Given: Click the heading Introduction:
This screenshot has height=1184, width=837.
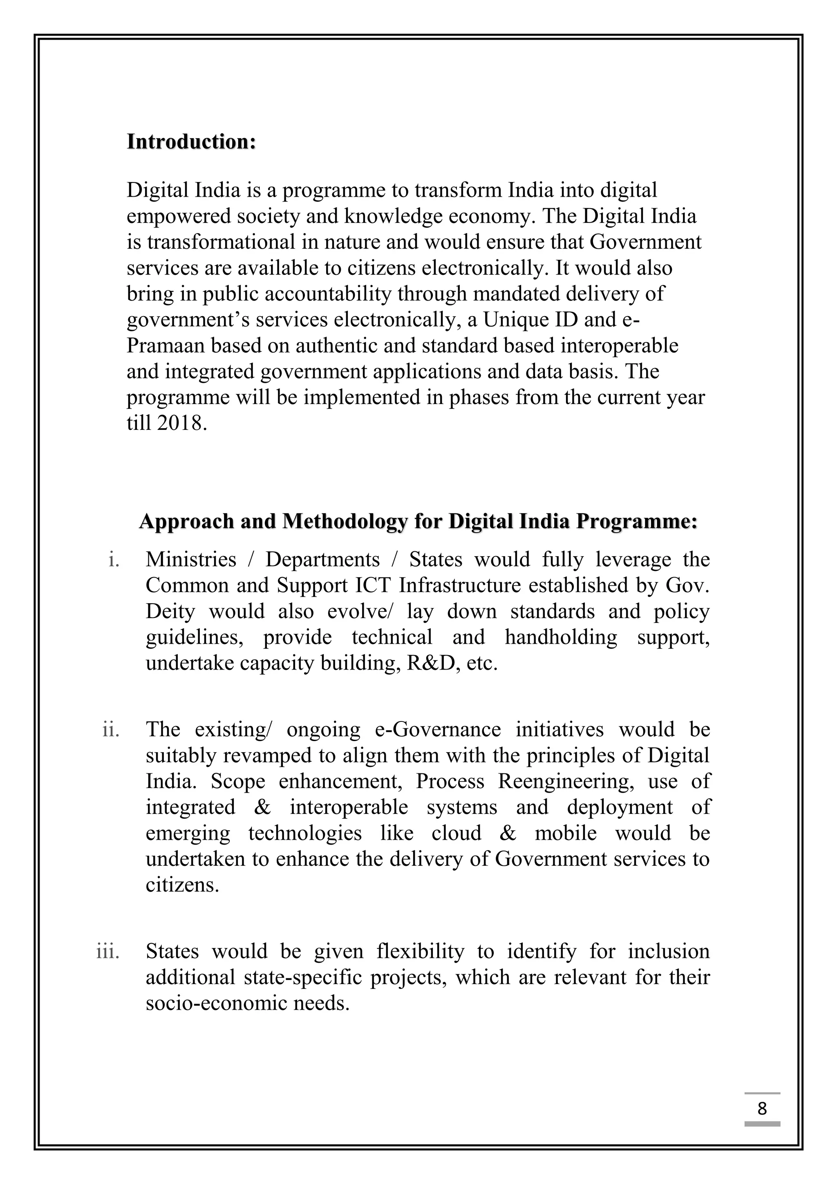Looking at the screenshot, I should [x=191, y=142].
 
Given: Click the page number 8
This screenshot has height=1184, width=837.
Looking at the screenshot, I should [x=762, y=1108].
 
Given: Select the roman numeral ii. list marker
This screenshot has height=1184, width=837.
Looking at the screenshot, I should [x=111, y=730].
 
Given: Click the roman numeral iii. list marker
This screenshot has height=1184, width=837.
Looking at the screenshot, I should [x=108, y=951].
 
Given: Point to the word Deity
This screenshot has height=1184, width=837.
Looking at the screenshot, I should [x=170, y=611].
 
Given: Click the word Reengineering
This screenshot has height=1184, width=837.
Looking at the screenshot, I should [x=565, y=781].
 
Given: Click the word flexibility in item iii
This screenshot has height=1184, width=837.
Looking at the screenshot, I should [x=420, y=951].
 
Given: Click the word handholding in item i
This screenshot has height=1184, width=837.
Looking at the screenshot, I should [x=561, y=637].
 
